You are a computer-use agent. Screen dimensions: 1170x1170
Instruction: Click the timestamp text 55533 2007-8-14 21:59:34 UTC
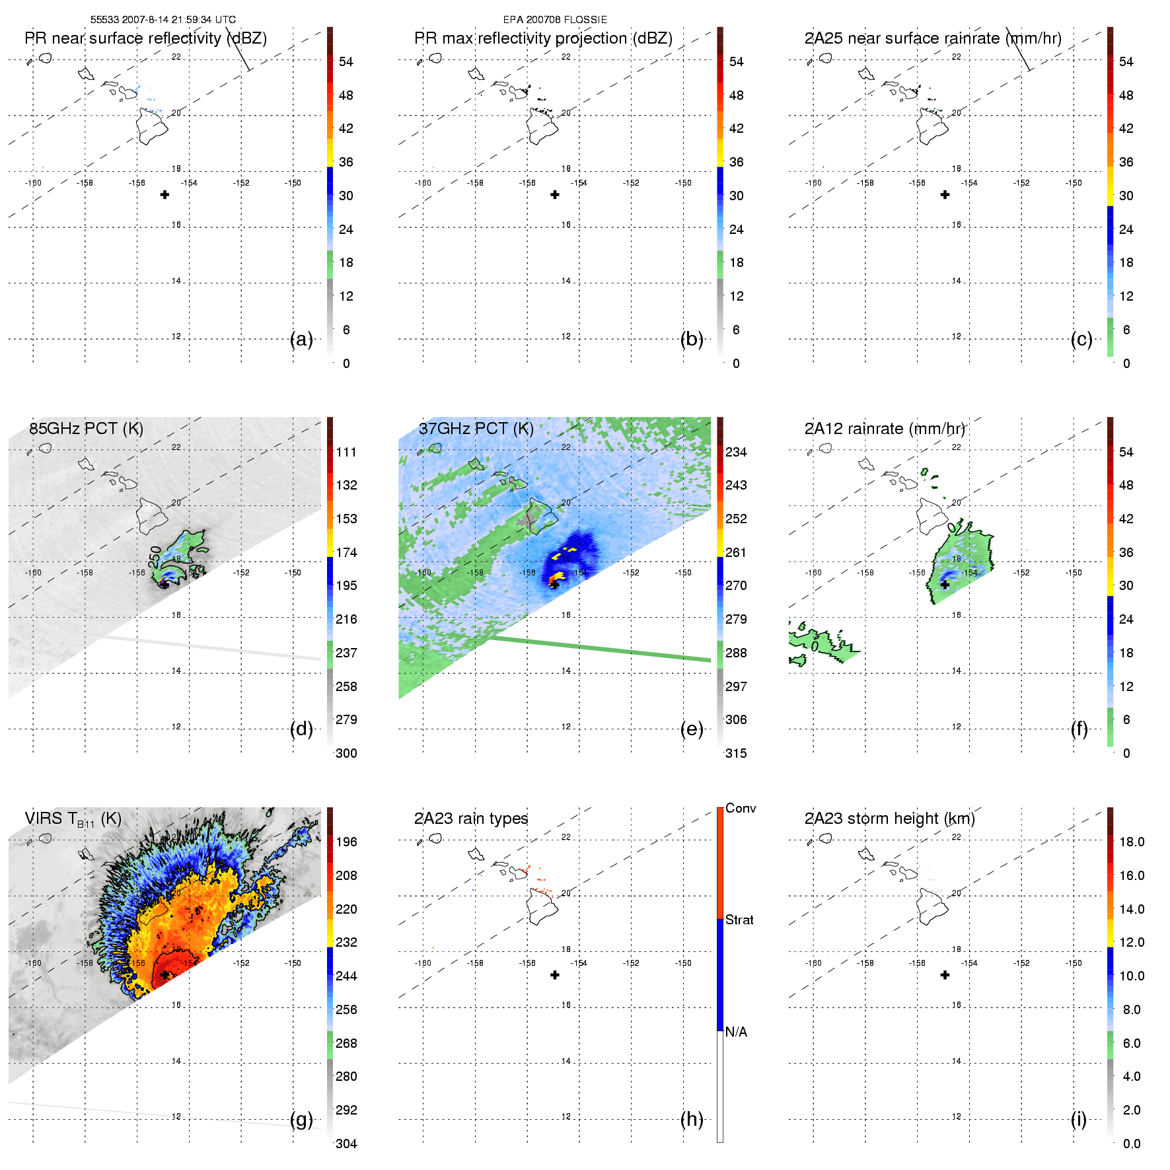(163, 20)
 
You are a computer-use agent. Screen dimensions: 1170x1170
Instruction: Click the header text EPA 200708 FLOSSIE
(555, 20)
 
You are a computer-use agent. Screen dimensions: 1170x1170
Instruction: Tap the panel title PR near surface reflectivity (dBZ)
(145, 38)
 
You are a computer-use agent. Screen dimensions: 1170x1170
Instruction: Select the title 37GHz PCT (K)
(476, 429)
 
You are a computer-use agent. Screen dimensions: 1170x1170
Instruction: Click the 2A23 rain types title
(470, 819)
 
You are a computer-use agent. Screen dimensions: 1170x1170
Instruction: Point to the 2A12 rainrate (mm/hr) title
(884, 429)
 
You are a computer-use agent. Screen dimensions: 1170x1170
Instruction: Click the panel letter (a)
(301, 340)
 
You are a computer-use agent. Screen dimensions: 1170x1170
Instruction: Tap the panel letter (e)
(692, 729)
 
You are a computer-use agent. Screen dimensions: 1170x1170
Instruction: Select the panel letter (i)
(1078, 1120)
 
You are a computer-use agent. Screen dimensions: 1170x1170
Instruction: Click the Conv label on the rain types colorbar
(740, 808)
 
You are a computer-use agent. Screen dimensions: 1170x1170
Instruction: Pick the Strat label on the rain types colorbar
(739, 920)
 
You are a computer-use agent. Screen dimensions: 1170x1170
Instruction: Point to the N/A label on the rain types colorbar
(736, 1032)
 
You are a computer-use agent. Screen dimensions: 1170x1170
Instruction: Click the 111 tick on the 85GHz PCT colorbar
(346, 452)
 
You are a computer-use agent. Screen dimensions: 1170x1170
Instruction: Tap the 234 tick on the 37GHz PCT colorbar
(736, 452)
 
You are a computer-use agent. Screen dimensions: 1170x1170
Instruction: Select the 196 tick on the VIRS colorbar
(346, 842)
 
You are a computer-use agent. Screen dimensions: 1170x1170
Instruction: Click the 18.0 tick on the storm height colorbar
(1131, 842)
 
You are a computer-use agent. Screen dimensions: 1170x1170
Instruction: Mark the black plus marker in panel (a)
(165, 195)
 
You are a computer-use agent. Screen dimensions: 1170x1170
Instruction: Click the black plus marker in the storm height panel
(945, 975)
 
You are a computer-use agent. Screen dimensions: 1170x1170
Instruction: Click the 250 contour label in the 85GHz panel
(156, 556)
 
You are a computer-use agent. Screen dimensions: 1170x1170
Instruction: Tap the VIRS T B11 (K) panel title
(73, 819)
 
